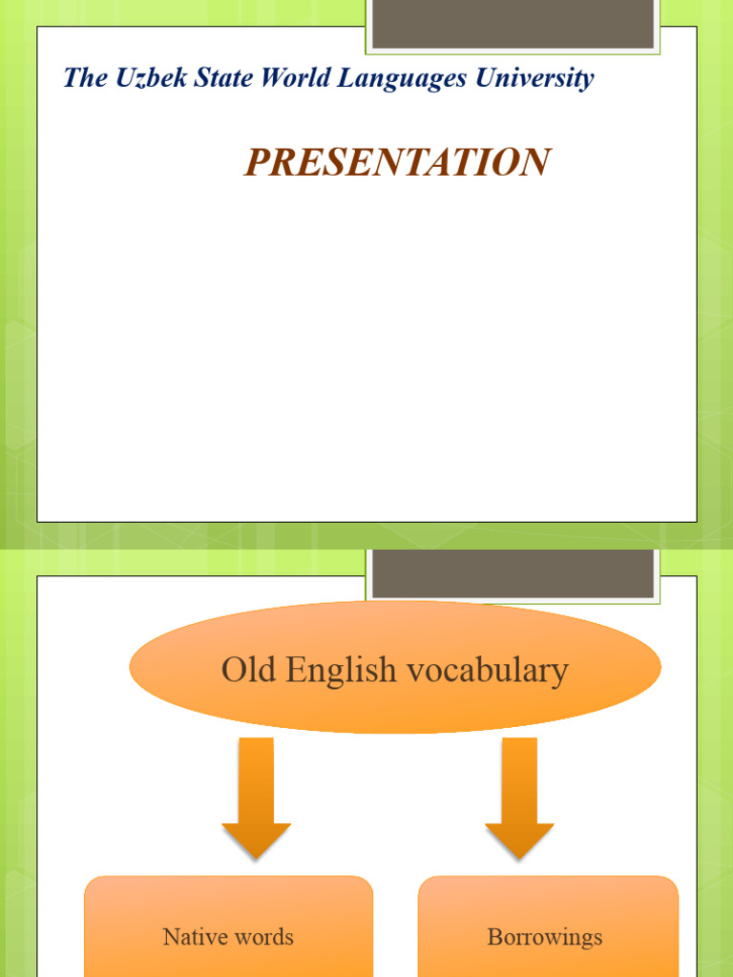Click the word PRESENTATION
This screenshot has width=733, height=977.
click(397, 163)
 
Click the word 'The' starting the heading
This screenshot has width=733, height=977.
click(85, 78)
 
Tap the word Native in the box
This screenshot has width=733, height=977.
click(194, 937)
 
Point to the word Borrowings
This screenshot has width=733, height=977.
click(545, 938)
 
